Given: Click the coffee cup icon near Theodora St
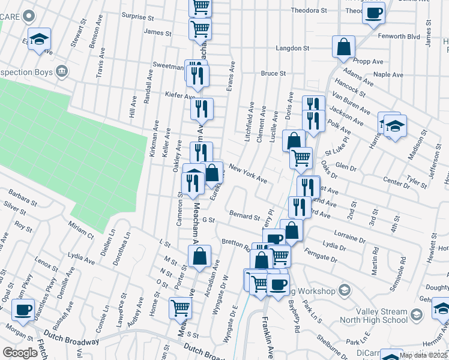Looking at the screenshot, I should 373,13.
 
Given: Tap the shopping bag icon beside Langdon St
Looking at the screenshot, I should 343,47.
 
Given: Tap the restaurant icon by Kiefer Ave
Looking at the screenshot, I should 202,109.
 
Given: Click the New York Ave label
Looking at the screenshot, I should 247,175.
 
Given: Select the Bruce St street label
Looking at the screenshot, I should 273,73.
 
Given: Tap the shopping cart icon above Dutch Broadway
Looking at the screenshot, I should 180,308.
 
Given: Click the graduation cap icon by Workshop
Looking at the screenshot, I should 345,291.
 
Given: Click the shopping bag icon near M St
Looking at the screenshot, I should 199,256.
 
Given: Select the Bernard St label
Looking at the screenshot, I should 244,214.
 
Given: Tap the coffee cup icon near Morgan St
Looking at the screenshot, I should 23,310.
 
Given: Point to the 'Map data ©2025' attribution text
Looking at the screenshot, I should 423,355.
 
